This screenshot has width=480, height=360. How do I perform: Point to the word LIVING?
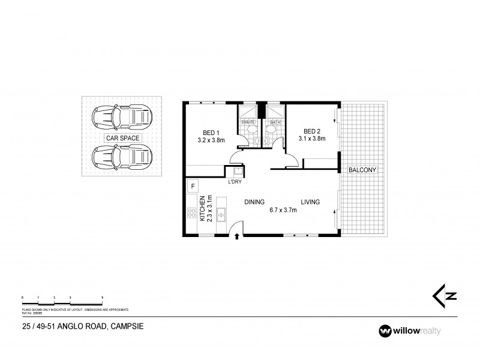310,202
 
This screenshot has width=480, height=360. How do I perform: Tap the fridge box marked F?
193,185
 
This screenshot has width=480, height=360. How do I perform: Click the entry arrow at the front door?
238,236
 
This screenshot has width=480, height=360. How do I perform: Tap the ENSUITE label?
248,122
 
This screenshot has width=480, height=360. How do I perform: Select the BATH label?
275,122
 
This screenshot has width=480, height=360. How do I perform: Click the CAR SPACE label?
122,138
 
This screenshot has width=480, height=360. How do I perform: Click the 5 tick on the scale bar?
103,298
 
